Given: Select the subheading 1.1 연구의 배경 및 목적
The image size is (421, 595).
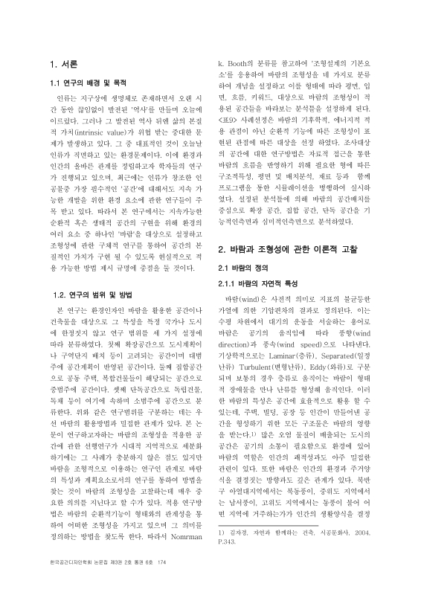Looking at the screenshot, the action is click(85, 83).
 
